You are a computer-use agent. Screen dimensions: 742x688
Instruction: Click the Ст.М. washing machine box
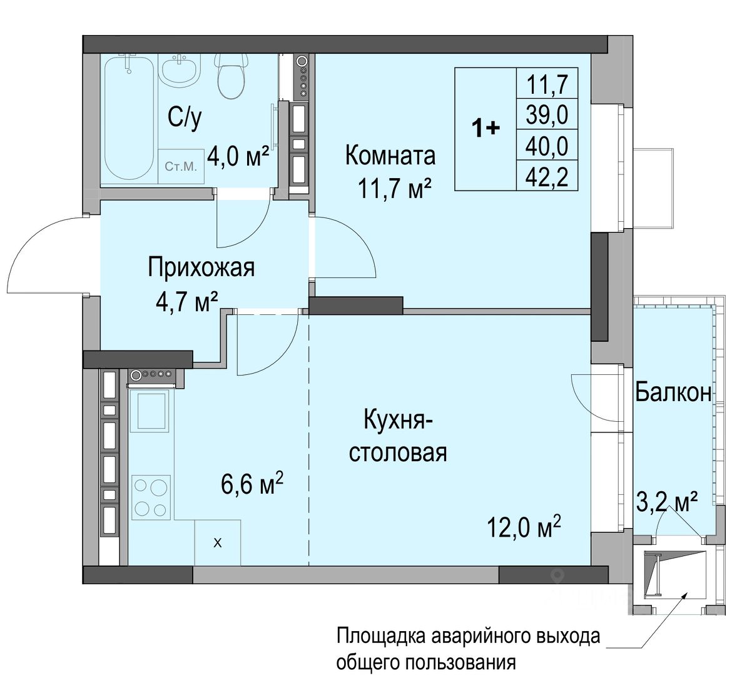(x=181, y=166)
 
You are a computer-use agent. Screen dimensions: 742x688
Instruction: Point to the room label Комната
(x=390, y=156)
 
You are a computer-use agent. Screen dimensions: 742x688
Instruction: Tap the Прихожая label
(x=201, y=268)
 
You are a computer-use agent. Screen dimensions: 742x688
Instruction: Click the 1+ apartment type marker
(x=485, y=128)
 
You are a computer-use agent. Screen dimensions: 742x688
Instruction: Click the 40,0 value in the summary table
(x=547, y=146)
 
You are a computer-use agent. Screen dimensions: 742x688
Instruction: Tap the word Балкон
(x=673, y=392)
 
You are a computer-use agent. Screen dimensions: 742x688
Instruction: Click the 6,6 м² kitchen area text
(x=252, y=484)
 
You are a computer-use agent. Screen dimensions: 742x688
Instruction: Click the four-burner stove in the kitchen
(x=151, y=496)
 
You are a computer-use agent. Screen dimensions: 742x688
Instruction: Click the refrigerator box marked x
(x=218, y=542)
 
